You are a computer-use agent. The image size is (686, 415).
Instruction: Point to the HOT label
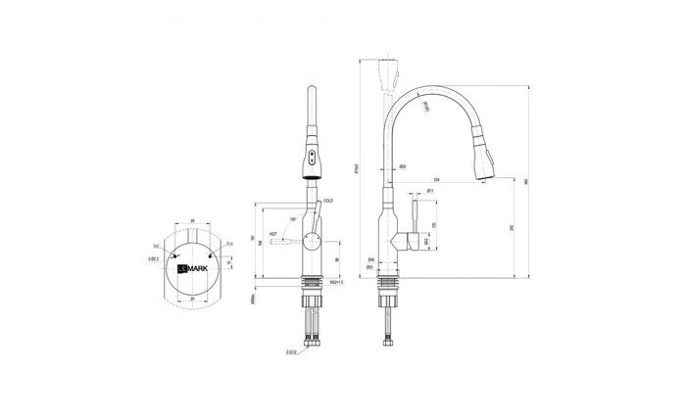coord(273,233)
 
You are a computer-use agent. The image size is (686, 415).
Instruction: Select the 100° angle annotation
coord(293,219)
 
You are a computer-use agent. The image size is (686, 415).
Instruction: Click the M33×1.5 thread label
coord(336,281)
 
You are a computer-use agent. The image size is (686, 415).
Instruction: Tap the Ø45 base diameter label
coord(369,258)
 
